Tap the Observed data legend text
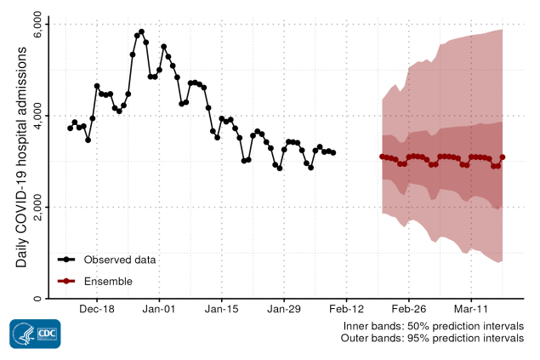(x=119, y=259)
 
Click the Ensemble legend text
(x=108, y=281)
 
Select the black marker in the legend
(x=67, y=259)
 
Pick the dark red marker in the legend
(x=67, y=281)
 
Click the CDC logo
(x=35, y=334)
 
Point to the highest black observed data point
(x=141, y=32)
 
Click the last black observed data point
(x=333, y=152)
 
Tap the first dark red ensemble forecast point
(x=382, y=157)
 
